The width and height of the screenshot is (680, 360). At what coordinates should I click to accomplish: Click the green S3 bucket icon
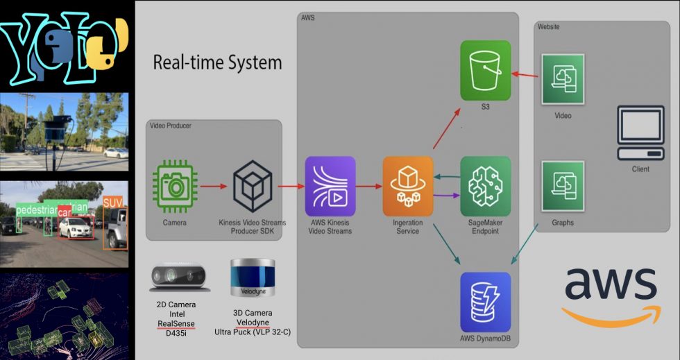click(486, 69)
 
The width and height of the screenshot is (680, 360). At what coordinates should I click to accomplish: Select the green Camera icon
click(175, 185)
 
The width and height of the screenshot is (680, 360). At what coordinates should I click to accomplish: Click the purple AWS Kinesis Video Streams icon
click(330, 186)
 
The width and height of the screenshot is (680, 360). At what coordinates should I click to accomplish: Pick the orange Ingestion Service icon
click(408, 185)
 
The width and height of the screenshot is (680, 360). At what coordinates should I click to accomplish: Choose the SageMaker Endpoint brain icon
click(486, 185)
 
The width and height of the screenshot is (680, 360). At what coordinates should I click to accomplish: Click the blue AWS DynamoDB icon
click(486, 302)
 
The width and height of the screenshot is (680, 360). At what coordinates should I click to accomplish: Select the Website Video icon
click(563, 78)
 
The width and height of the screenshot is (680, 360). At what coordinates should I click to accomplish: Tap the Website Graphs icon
click(563, 186)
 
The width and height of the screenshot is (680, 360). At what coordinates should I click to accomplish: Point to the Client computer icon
click(640, 133)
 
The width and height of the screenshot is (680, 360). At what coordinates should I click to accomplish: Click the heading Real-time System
click(217, 62)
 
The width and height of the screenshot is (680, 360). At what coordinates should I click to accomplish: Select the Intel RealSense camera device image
click(180, 277)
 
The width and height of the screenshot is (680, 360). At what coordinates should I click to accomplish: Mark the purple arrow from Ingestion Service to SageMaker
click(446, 196)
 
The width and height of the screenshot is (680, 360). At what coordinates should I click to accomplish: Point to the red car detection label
click(65, 212)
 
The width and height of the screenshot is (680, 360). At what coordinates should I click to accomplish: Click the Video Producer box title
click(170, 125)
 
